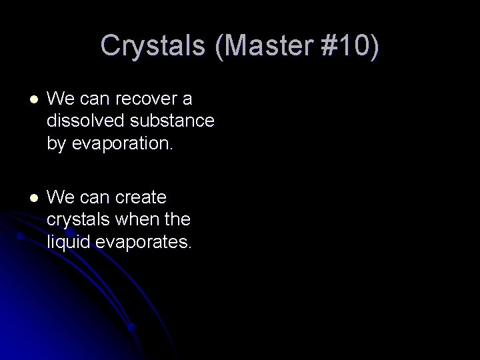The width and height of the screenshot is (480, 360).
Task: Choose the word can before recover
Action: pyautogui.click(x=95, y=100)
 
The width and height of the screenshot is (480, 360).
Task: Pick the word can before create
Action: pyautogui.click(x=95, y=198)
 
